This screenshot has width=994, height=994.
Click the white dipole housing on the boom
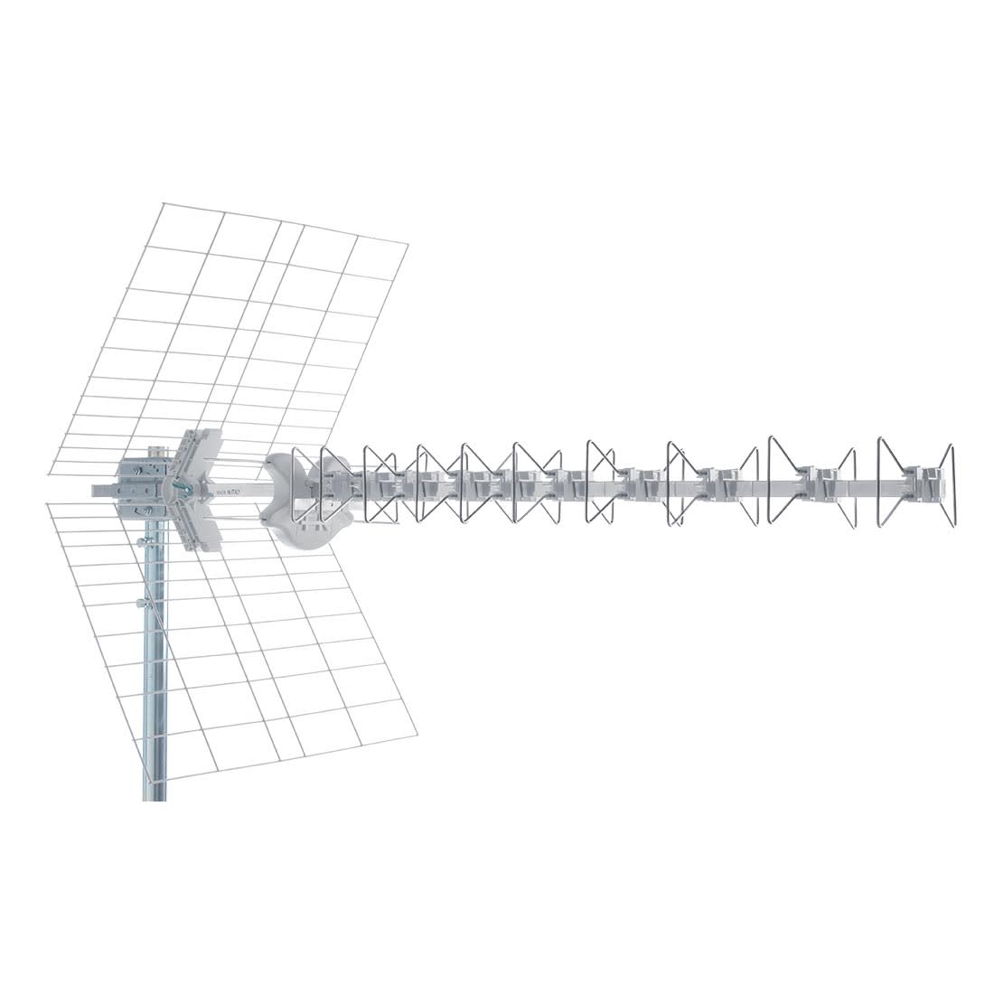click(x=291, y=502)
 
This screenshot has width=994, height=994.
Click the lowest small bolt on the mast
click(x=140, y=604)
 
